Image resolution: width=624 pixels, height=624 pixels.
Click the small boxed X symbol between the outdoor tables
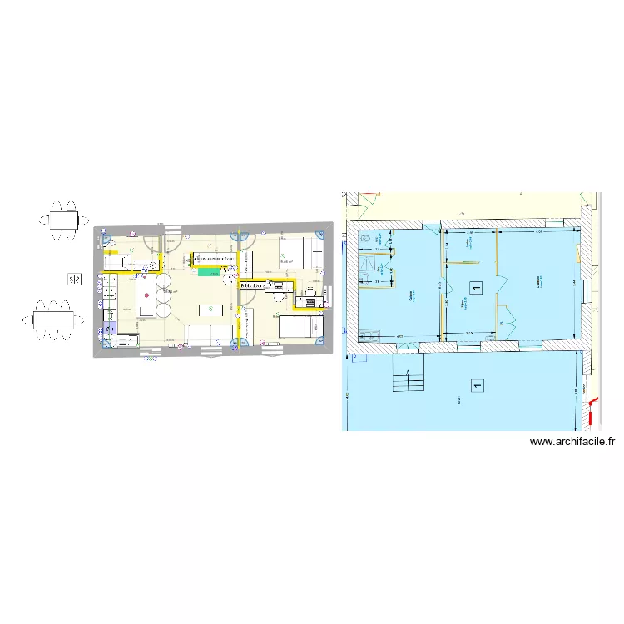coord(75,279)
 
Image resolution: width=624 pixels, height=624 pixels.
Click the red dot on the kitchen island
coord(146,295)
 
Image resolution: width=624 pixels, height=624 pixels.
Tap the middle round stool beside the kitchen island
coord(162,298)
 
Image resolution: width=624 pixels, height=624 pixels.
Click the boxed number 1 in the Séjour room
coord(475,288)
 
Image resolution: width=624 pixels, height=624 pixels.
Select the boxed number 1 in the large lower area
coord(477,385)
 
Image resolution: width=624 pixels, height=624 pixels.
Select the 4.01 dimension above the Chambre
coord(538,233)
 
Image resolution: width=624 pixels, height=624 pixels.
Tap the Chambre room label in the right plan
coord(539,284)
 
